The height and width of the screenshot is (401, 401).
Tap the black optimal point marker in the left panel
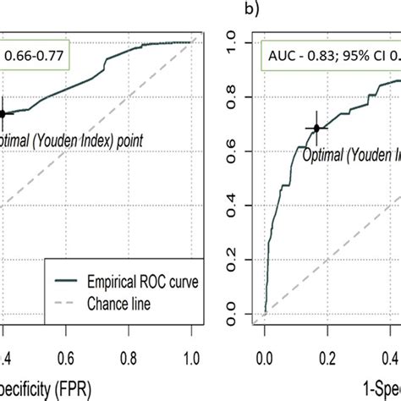pyautogui.click(x=3, y=113)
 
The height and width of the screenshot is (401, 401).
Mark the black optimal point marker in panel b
pyautogui.click(x=316, y=129)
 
